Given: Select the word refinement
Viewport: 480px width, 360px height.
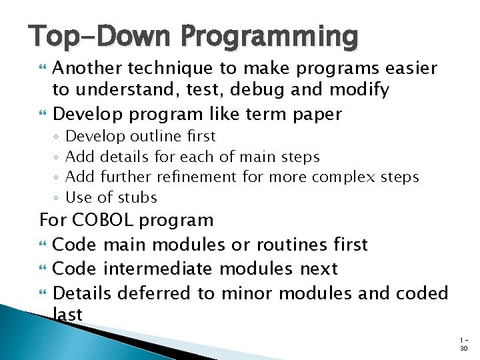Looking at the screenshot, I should (x=197, y=177).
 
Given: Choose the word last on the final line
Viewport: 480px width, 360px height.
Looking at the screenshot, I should (x=67, y=315).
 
